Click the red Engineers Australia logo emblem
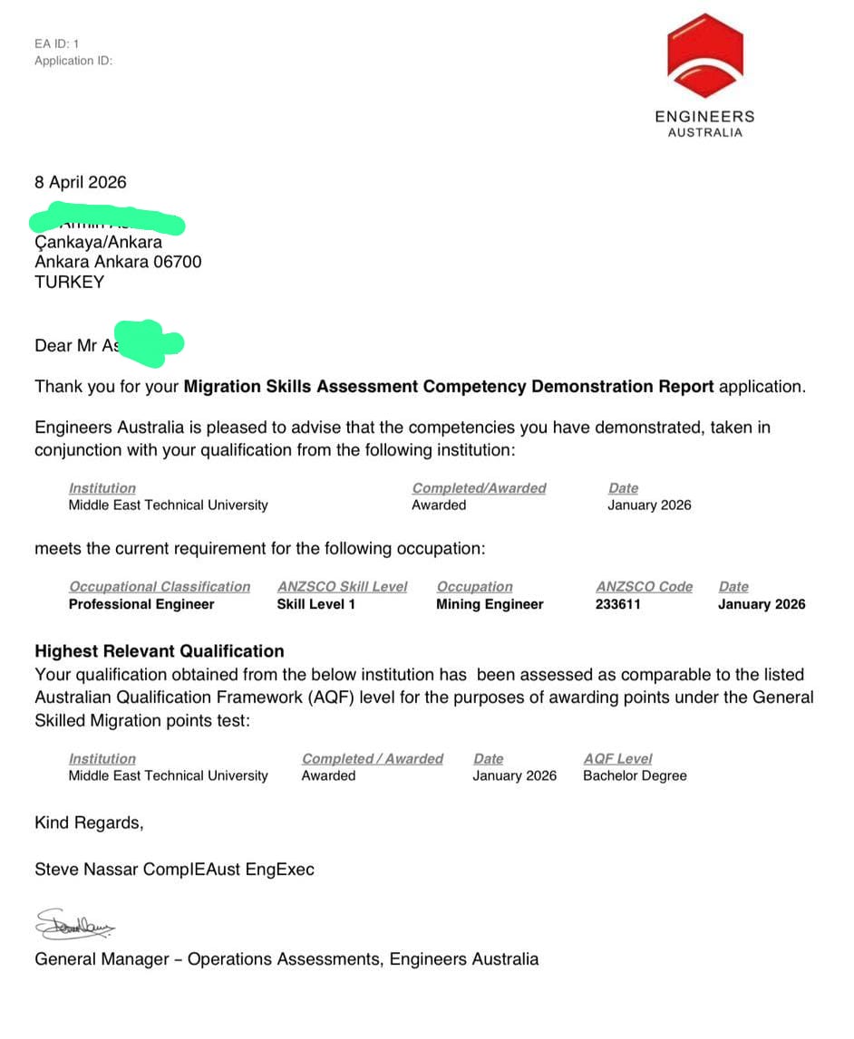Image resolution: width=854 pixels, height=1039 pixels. [x=704, y=55]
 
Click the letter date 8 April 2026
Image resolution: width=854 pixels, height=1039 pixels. [x=81, y=182]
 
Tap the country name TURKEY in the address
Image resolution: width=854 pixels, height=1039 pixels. [x=69, y=282]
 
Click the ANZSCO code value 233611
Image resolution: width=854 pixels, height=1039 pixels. [x=618, y=604]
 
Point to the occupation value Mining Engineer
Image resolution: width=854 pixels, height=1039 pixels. [x=490, y=604]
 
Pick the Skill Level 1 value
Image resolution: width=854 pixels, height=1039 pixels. [x=316, y=604]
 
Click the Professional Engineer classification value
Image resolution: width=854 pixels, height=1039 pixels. [x=141, y=604]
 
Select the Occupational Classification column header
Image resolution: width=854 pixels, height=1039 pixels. [x=160, y=587]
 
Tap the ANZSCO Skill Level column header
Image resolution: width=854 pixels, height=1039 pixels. [x=343, y=587]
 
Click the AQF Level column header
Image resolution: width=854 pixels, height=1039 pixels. [x=617, y=759]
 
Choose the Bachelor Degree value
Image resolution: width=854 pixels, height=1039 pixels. [x=635, y=775]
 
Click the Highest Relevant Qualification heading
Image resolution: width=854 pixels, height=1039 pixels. [x=160, y=651]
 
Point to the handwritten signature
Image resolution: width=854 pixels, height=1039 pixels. [x=75, y=926]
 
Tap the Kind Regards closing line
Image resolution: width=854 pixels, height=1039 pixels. [x=89, y=823]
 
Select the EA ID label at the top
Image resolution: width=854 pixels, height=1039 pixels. [x=57, y=43]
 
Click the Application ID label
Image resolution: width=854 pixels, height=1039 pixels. [x=73, y=61]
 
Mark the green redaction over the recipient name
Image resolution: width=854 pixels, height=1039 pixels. [x=107, y=221]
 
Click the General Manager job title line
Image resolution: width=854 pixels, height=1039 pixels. [x=286, y=958]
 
